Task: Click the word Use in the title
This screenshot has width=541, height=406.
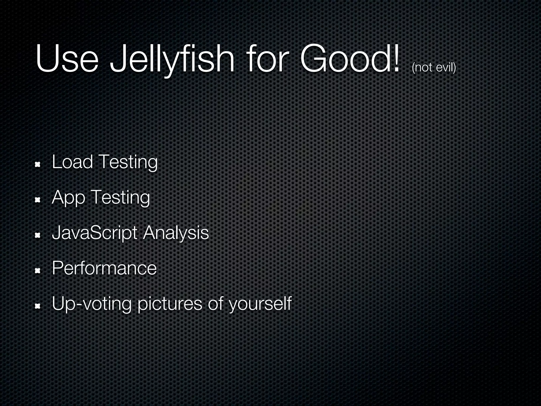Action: click(67, 59)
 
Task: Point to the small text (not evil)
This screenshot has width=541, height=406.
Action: click(433, 68)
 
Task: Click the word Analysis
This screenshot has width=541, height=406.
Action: click(176, 233)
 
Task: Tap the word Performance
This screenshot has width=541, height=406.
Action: click(104, 268)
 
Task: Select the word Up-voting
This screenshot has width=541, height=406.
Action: click(91, 304)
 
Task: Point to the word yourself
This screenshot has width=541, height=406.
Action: click(260, 304)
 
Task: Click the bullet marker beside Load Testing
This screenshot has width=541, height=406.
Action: click(37, 165)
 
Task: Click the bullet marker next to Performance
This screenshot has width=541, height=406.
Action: click(37, 271)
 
